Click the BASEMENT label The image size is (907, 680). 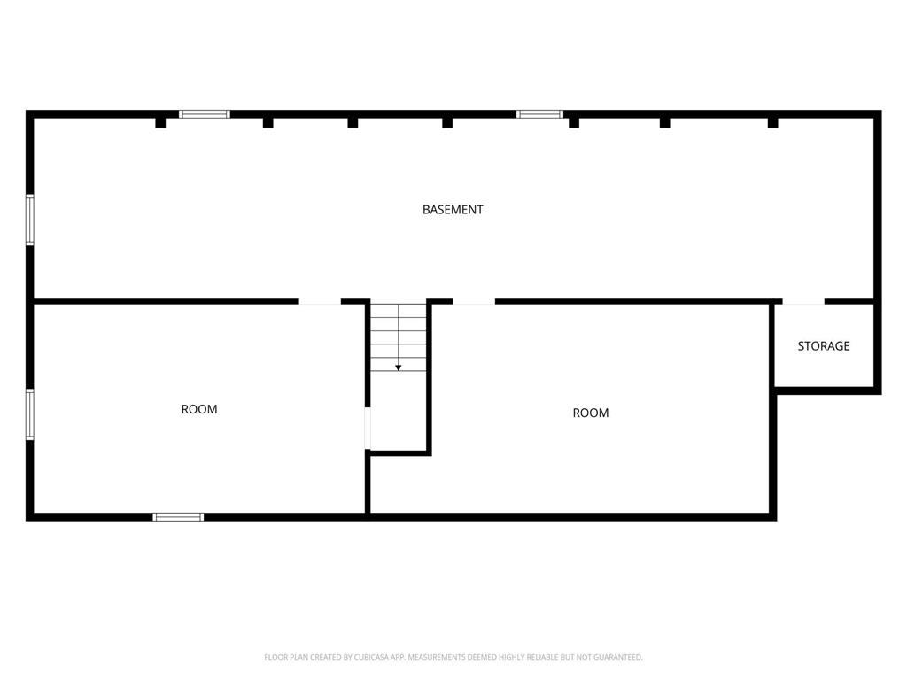453,210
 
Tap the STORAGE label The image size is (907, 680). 824,346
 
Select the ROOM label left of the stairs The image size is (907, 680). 199,409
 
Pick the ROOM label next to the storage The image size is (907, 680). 591,413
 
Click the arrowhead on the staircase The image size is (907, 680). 399,367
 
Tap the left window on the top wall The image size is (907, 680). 205,114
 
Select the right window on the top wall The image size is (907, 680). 539,114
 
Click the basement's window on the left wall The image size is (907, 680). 29,220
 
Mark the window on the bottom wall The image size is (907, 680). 178,516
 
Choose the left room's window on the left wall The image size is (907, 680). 29,414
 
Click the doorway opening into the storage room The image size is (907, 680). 802,303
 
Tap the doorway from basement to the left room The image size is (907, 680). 320,303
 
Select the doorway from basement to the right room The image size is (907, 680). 474,303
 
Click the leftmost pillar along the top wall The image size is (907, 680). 160,122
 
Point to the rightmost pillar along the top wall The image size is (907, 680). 772,122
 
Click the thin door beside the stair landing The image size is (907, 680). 368,429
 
